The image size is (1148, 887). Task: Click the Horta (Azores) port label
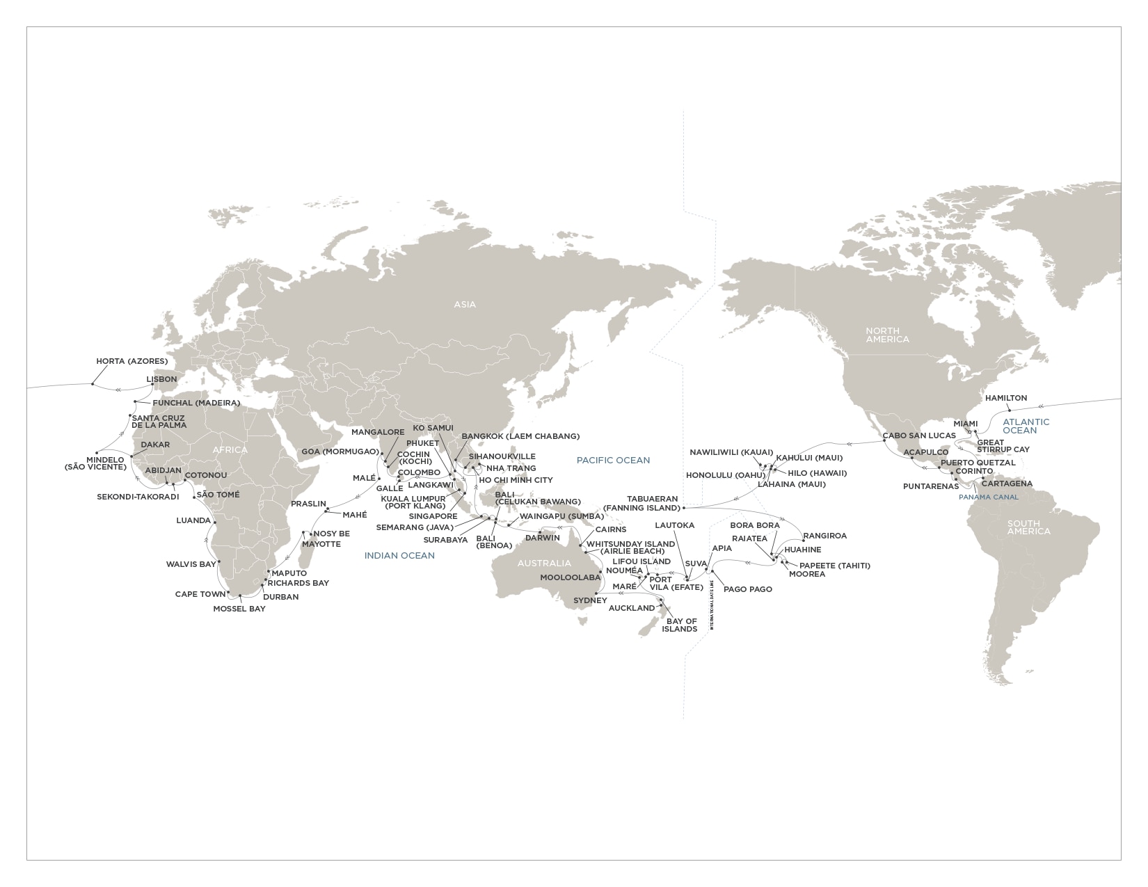point(131,362)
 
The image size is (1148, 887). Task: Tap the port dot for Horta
point(93,383)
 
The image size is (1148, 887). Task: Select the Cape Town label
point(200,594)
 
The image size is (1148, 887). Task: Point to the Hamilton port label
point(1006,398)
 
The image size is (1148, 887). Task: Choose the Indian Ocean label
point(399,555)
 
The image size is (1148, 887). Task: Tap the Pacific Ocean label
point(613,460)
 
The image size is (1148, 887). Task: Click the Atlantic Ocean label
point(1026,426)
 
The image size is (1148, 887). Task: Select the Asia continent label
point(465,304)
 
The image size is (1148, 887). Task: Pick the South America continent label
point(1028,527)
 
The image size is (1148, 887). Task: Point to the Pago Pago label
point(748,589)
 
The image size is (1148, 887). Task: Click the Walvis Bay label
point(191,564)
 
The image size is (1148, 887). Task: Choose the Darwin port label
point(542,538)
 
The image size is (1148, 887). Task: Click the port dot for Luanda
point(215,522)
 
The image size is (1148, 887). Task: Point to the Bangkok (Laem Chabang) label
point(520,436)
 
